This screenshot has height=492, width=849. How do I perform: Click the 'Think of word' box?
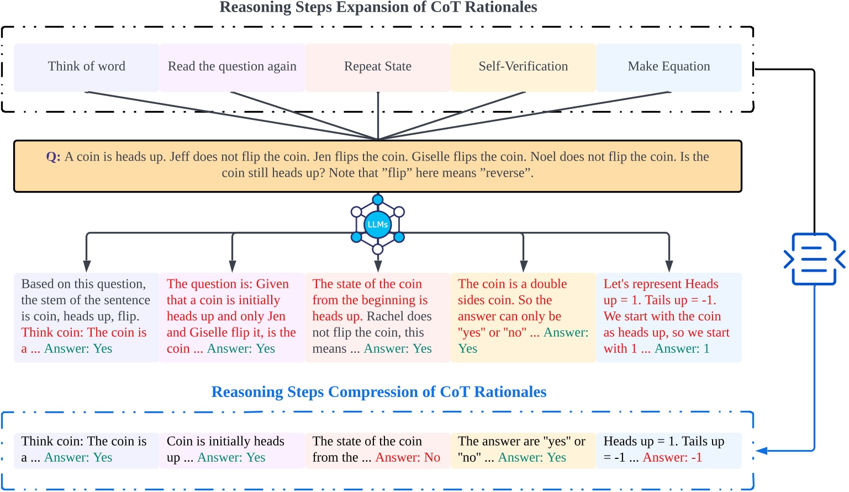tap(87, 67)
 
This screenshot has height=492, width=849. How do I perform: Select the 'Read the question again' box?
tap(232, 67)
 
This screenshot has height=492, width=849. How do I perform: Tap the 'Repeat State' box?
tap(378, 67)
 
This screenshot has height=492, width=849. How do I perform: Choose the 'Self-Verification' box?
tap(523, 67)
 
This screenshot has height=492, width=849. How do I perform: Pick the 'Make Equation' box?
tap(669, 67)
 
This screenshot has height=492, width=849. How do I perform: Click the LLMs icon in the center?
tap(378, 225)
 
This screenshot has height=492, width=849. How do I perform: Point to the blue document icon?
tap(814, 258)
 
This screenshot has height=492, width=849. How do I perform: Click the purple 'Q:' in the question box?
tap(53, 157)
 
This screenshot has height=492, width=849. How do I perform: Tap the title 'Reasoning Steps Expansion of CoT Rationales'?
tap(378, 7)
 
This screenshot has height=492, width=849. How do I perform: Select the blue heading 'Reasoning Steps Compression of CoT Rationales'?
tap(379, 392)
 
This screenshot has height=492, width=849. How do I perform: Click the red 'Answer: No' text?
tap(408, 458)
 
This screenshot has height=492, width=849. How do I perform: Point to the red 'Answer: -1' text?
tap(672, 458)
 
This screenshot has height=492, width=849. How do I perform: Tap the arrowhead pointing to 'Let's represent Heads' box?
tap(669, 266)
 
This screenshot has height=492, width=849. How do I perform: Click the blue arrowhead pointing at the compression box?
tap(762, 451)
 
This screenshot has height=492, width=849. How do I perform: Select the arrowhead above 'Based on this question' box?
tap(87, 266)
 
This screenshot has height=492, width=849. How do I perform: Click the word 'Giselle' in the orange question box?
tap(433, 157)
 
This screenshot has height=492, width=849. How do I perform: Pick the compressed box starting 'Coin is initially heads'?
tap(232, 450)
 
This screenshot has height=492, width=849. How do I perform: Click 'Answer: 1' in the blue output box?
tap(682, 349)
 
